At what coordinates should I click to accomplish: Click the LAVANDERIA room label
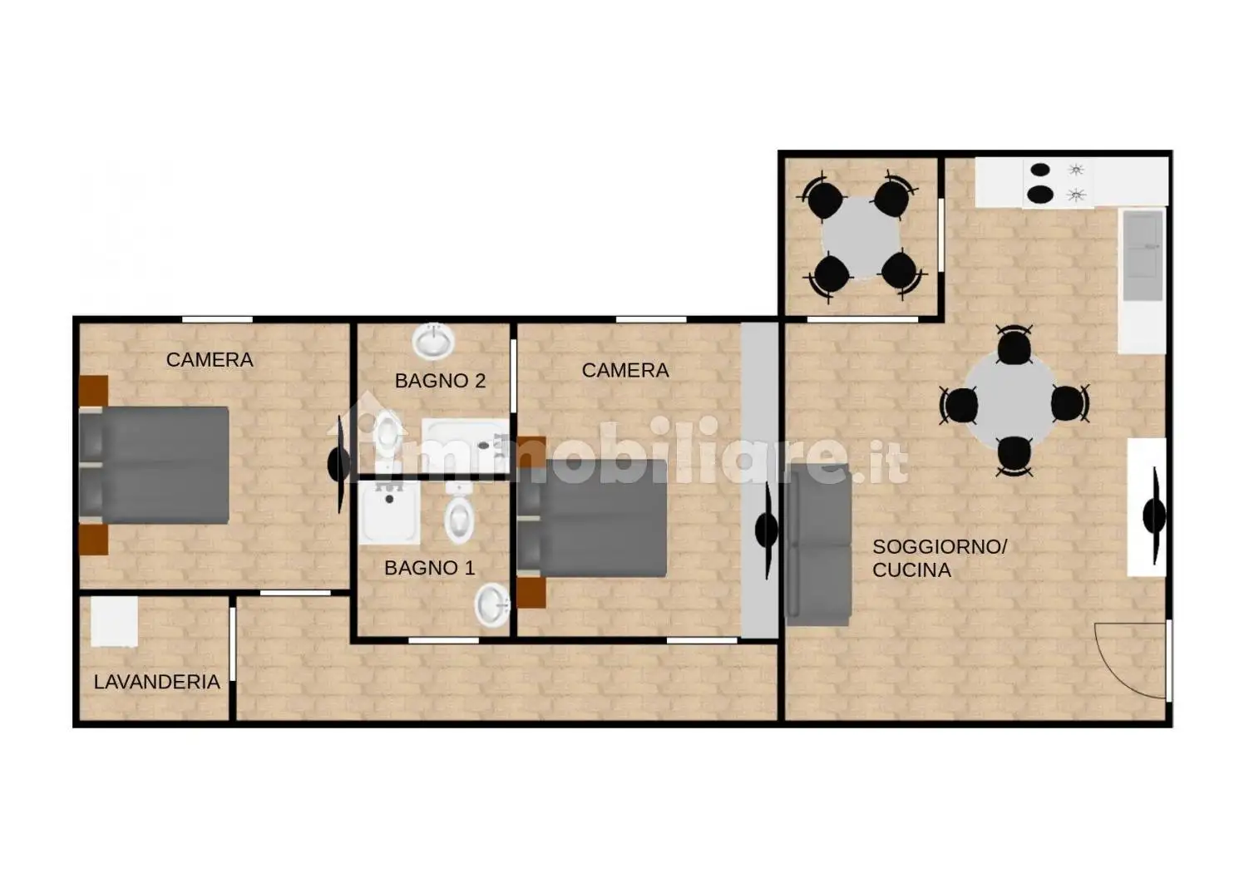(x=157, y=682)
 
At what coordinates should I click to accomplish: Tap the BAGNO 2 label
(x=440, y=381)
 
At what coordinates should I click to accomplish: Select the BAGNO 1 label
(x=429, y=568)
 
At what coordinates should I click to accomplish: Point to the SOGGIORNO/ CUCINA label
(x=940, y=558)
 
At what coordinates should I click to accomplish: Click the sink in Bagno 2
(x=433, y=340)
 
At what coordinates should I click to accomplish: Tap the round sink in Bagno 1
(x=492, y=605)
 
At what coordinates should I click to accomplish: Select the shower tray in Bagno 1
(x=389, y=512)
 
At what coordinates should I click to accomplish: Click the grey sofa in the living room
(x=818, y=545)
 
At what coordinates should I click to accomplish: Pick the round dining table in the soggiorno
(x=1010, y=401)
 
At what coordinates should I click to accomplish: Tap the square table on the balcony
(x=861, y=238)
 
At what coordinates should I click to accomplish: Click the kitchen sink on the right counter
(x=1143, y=255)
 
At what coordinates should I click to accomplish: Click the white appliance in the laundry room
(x=114, y=621)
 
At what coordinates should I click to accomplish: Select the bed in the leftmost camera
(x=155, y=465)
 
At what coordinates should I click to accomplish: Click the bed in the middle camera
(x=592, y=518)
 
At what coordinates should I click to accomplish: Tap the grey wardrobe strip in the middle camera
(x=758, y=481)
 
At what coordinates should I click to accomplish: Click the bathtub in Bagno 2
(x=465, y=446)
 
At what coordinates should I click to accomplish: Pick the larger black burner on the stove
(x=1040, y=195)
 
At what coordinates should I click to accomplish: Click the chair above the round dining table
(x=1014, y=347)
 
